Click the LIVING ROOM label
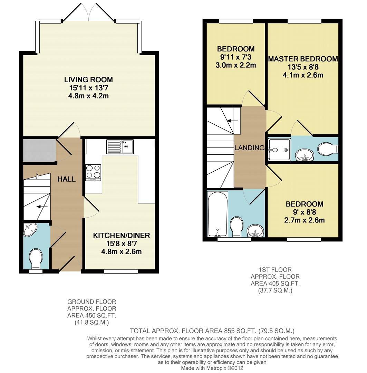[88, 80]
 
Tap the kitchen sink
[120, 146]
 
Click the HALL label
[66, 179]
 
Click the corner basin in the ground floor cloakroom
[30, 230]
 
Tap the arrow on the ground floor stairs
[42, 207]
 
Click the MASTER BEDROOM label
[303, 59]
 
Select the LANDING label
[249, 148]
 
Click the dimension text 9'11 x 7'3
[236, 57]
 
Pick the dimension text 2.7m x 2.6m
[304, 220]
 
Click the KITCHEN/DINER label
[121, 236]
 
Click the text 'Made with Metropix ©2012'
[212, 368]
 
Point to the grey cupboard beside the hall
[39, 150]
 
